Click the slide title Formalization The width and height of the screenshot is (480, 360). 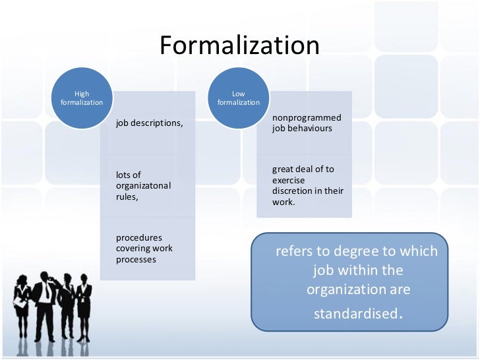point(239,45)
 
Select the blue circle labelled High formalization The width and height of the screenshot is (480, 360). point(82,98)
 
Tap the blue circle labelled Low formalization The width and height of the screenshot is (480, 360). point(239,98)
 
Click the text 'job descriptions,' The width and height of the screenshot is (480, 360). point(150,123)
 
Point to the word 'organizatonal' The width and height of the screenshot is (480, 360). point(143,185)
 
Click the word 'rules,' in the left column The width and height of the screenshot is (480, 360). point(127,196)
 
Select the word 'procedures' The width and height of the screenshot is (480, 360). point(138,237)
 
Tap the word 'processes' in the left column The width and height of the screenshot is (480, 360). point(136,260)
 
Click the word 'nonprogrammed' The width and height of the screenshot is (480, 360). point(307,117)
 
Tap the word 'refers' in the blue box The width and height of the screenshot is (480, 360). point(293,252)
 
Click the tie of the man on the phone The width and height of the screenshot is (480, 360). point(47,294)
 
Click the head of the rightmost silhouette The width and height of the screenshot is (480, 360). point(84,272)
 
